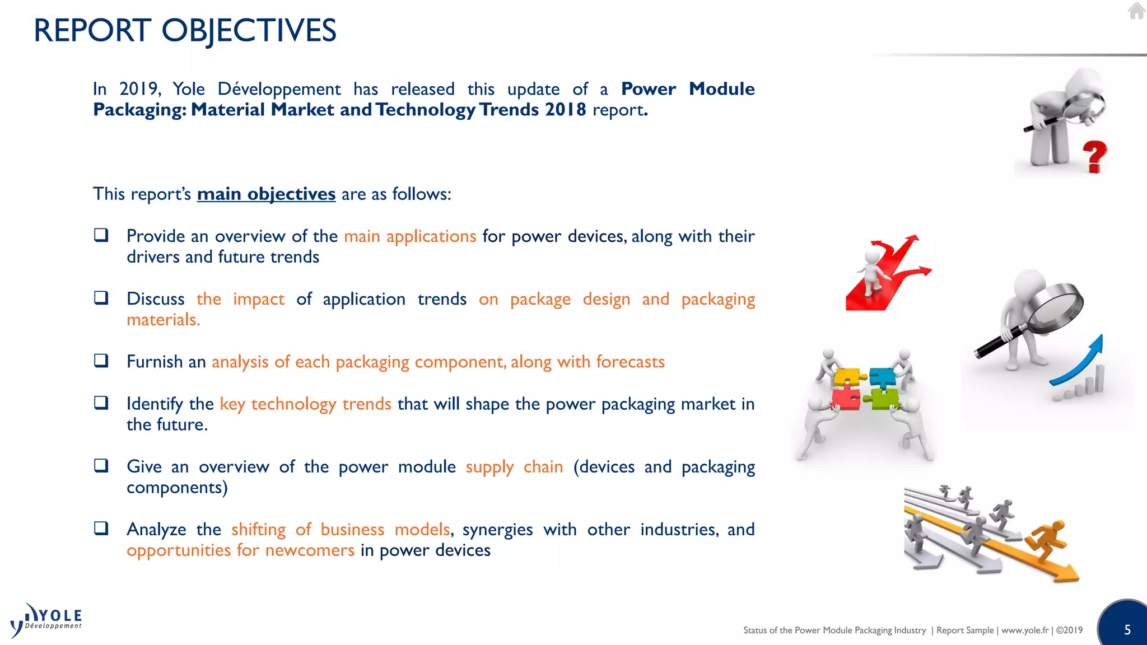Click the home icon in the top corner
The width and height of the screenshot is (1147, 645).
click(x=1136, y=11)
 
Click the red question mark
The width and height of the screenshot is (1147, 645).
click(x=1094, y=156)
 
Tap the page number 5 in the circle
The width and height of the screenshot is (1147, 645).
click(x=1127, y=630)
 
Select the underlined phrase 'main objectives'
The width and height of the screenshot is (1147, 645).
click(x=266, y=194)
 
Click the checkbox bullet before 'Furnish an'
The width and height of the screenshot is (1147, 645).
click(x=101, y=361)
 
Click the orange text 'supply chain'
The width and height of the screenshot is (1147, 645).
click(x=514, y=467)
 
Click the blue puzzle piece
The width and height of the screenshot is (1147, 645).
click(x=883, y=377)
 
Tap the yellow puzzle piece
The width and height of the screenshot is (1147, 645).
click(x=846, y=377)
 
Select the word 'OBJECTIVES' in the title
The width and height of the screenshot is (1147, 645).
click(x=249, y=31)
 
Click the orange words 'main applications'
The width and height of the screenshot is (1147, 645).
click(x=409, y=236)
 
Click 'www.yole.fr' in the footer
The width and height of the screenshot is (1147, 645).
click(x=1024, y=630)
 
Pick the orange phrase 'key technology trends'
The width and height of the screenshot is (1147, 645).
click(x=305, y=404)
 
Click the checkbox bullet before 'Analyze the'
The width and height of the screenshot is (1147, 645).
click(x=101, y=528)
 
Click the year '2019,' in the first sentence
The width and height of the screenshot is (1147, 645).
click(x=140, y=89)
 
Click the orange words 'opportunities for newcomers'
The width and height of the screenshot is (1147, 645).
click(x=240, y=550)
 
